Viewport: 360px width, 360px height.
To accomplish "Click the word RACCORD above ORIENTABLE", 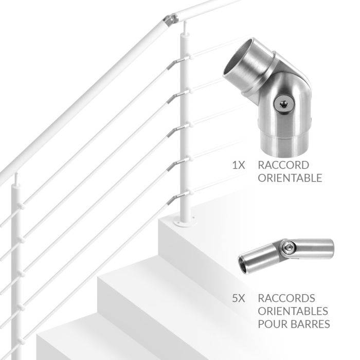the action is pos(283,165).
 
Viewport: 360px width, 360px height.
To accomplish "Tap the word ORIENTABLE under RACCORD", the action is pos(290,178).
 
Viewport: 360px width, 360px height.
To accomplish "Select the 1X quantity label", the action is pos(239,165).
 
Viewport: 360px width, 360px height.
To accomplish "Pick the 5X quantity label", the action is pos(239,298).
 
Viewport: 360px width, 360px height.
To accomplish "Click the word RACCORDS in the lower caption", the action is pos(286,298).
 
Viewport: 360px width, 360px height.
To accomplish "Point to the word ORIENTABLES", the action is pos(293,311).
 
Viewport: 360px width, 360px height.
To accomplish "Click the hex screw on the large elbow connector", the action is pos(284,104).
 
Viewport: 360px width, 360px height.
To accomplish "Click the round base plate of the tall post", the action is pos(186,222).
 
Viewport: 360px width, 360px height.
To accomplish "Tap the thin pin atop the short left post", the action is pos(16,178).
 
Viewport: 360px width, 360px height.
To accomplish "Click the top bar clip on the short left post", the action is pos(22,206).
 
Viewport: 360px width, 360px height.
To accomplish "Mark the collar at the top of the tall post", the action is pos(185,34).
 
